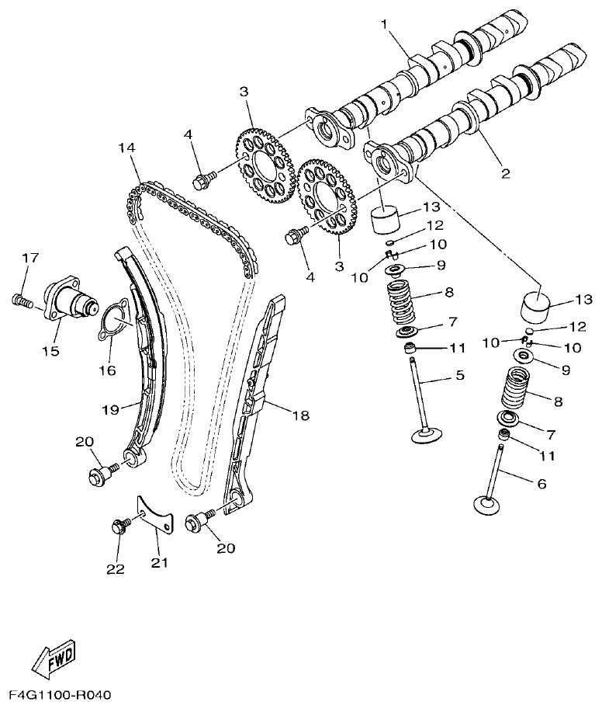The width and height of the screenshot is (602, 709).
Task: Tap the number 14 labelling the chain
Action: click(126, 147)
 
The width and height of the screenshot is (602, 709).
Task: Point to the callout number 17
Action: click(29, 258)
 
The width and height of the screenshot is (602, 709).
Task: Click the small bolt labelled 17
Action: click(21, 299)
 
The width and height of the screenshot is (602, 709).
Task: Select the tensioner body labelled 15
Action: click(67, 298)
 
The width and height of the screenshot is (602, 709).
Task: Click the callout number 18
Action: click(300, 415)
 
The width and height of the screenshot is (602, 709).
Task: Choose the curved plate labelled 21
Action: click(157, 514)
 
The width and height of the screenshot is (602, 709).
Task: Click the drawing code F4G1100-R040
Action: click(61, 693)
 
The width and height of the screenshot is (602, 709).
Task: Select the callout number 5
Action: click(459, 377)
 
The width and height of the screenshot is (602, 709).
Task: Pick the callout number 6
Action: click(541, 483)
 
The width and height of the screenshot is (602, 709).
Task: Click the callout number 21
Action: click(159, 562)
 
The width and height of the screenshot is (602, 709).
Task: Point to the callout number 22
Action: click(116, 568)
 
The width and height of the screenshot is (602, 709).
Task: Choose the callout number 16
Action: click(107, 370)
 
